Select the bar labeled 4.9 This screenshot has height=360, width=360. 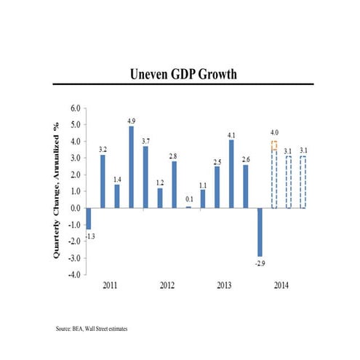click(131, 167)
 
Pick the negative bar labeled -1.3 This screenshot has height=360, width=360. click(89, 218)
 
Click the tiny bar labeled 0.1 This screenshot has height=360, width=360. click(188, 207)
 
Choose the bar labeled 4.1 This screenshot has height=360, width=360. click(231, 173)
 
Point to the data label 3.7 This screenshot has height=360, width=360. click(145, 140)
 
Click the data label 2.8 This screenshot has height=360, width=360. click(174, 155)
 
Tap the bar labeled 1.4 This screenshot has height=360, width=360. click(117, 196)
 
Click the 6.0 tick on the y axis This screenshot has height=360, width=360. click(75, 108)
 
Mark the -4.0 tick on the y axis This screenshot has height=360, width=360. click(73, 275)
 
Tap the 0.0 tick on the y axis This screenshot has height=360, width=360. click(75, 208)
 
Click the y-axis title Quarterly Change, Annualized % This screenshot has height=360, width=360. click(57, 190)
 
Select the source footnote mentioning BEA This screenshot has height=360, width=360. click(91, 329)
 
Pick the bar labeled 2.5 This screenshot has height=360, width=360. click(217, 187)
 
